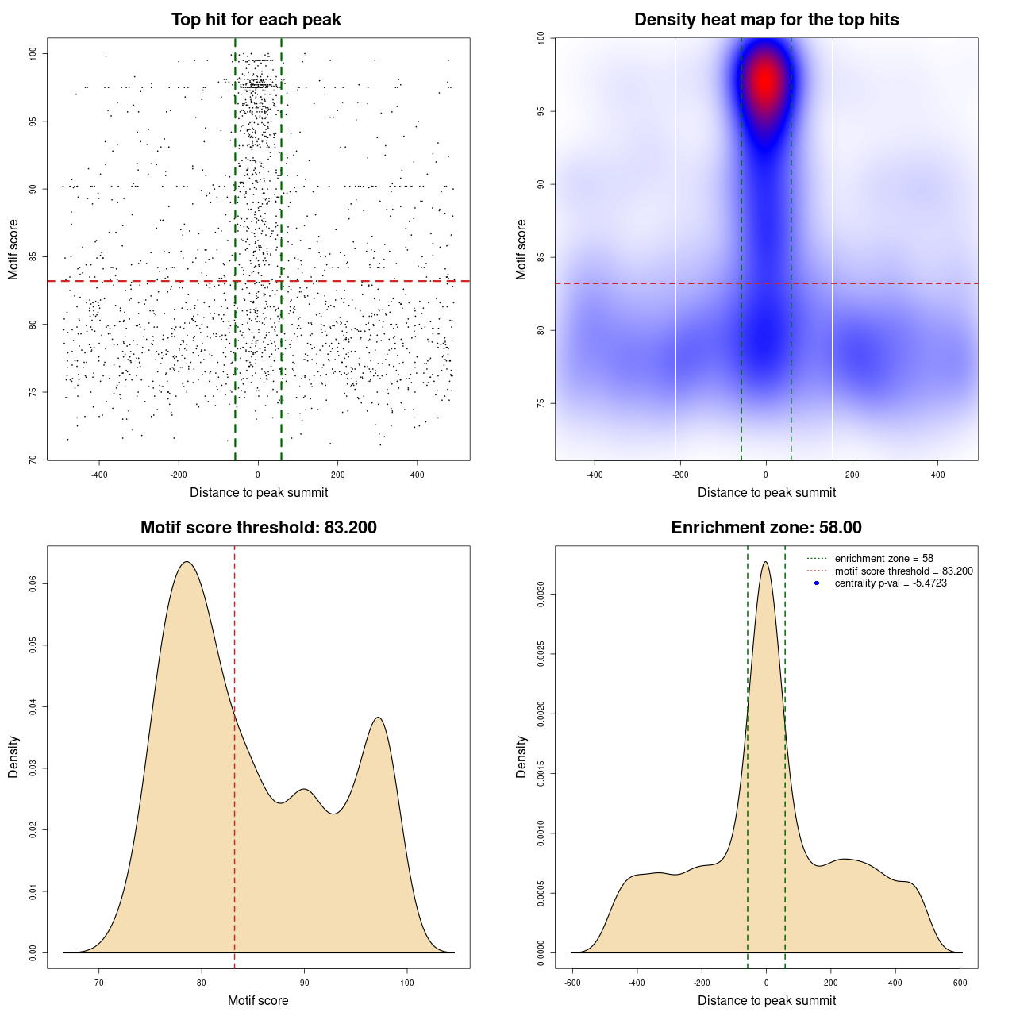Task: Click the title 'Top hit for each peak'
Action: pyautogui.click(x=256, y=20)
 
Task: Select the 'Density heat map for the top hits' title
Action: pyautogui.click(x=766, y=20)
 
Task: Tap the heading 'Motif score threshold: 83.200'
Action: pyautogui.click(x=258, y=528)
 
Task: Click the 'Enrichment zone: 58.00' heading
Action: pyautogui.click(x=766, y=528)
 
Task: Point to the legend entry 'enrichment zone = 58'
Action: pyautogui.click(x=883, y=559)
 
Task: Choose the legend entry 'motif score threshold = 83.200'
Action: pyautogui.click(x=903, y=571)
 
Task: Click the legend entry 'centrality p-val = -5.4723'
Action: pyautogui.click(x=891, y=583)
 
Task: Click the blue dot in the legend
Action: pyautogui.click(x=817, y=583)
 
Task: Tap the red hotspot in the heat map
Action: pyautogui.click(x=765, y=80)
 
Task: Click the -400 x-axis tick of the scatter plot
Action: pyautogui.click(x=99, y=475)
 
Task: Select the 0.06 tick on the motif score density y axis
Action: pyautogui.click(x=33, y=584)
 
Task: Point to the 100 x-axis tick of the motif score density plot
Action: pyautogui.click(x=407, y=983)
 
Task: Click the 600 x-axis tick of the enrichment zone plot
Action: pyautogui.click(x=960, y=983)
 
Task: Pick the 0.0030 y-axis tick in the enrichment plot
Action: pyautogui.click(x=541, y=595)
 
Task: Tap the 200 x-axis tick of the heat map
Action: pyautogui.click(x=852, y=475)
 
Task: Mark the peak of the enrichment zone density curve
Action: pyautogui.click(x=765, y=562)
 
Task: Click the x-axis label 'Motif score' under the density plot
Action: pyautogui.click(x=258, y=1000)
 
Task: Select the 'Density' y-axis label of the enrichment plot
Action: pyautogui.click(x=521, y=756)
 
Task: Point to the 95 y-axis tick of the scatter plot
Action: pyautogui.click(x=33, y=121)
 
